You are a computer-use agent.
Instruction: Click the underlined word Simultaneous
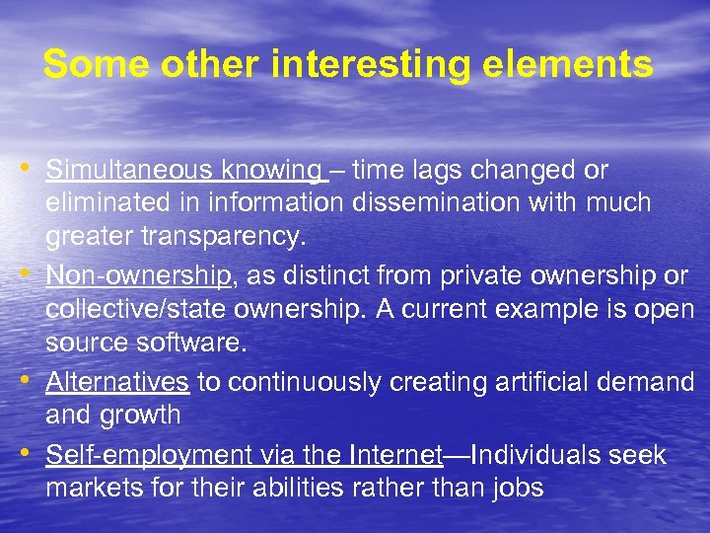[x=132, y=171]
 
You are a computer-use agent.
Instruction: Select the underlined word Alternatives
[x=117, y=381]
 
